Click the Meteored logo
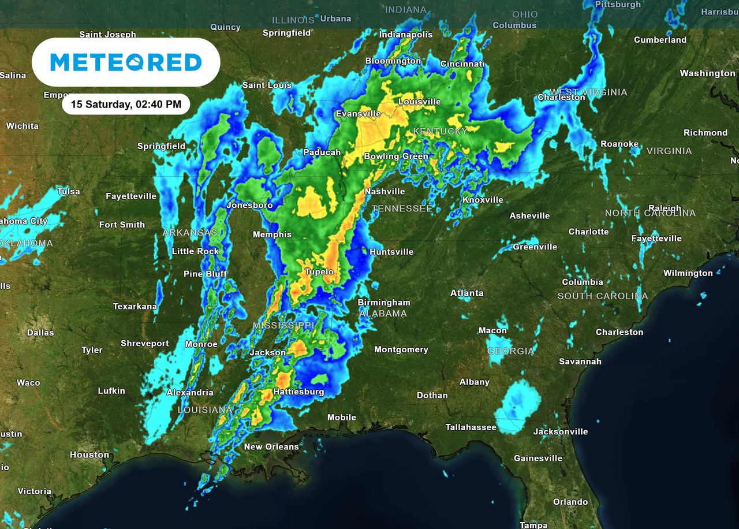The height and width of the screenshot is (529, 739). point(126,62)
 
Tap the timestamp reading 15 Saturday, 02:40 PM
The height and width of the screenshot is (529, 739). point(126,105)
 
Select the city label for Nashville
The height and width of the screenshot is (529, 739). point(385,191)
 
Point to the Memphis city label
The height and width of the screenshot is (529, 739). point(272,234)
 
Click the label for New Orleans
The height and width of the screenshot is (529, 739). point(271,446)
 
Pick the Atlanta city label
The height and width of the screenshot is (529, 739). point(466,293)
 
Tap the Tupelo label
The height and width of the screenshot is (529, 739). point(319,271)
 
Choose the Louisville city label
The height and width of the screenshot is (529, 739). point(420,102)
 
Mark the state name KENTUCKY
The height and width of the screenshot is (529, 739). point(440,132)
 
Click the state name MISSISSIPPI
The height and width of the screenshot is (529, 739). point(283,326)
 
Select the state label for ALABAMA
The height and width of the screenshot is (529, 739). point(383,314)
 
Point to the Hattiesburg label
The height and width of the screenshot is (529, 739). point(298,392)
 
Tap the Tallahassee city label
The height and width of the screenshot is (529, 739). point(471,427)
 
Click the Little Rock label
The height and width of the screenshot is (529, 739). point(195,251)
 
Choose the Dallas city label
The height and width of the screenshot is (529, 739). point(40,333)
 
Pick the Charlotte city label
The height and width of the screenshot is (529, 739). point(588,232)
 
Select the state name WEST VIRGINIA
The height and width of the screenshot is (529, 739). point(588,92)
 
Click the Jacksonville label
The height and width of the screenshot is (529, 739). point(561,431)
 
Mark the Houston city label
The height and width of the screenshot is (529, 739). point(89,455)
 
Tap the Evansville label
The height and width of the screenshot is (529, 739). point(359,114)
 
